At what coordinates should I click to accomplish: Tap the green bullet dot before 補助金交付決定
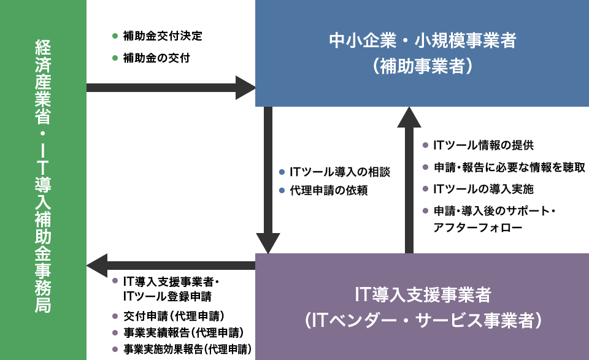(x=115, y=36)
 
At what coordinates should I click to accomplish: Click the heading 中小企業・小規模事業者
(x=422, y=41)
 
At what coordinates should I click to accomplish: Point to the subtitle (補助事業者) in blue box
(x=422, y=66)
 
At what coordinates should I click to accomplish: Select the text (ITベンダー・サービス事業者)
(x=422, y=320)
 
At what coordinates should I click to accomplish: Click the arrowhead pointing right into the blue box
(x=246, y=88)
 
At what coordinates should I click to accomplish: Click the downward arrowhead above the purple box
(x=268, y=243)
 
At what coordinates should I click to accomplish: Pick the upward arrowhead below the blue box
(x=409, y=117)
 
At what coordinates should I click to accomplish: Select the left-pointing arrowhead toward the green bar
(x=97, y=266)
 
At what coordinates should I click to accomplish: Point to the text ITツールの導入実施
(x=483, y=188)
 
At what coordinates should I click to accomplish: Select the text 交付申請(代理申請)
(x=174, y=316)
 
